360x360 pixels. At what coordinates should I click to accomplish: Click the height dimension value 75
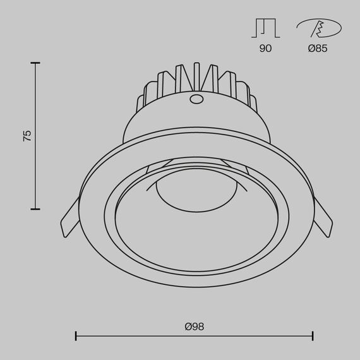(x=27, y=136)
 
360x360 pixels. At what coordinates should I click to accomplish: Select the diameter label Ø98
(x=195, y=327)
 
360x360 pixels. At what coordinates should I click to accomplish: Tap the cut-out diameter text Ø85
(x=318, y=49)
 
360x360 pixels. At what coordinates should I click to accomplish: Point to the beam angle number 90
(x=265, y=49)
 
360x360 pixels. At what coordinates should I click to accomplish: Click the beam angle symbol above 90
(x=265, y=28)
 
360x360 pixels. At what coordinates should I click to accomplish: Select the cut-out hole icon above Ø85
(x=318, y=28)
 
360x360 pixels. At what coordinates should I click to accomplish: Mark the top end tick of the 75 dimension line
(x=35, y=63)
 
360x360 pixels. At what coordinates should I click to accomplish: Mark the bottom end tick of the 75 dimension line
(x=35, y=209)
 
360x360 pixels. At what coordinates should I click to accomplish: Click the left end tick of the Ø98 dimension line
(x=76, y=336)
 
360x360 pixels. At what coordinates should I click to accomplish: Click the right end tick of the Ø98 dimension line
(x=313, y=336)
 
